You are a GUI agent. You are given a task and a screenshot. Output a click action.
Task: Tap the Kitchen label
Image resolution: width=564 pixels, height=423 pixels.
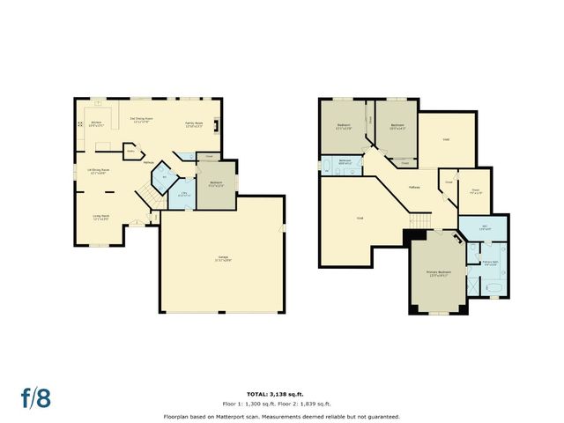(x=95, y=123)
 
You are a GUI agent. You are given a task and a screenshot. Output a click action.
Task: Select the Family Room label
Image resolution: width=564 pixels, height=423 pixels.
(x=195, y=124)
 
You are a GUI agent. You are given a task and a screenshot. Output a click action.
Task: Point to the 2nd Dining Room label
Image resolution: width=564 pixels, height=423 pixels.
(x=145, y=120)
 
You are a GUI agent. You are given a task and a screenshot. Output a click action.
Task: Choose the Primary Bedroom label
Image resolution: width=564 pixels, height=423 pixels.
(x=438, y=273)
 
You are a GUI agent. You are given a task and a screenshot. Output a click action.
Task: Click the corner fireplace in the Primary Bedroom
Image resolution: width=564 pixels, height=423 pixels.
(x=458, y=238)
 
